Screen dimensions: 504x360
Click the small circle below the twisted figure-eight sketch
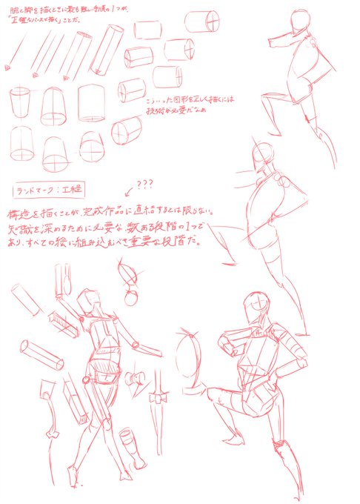pyautogui.click(x=131, y=299)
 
